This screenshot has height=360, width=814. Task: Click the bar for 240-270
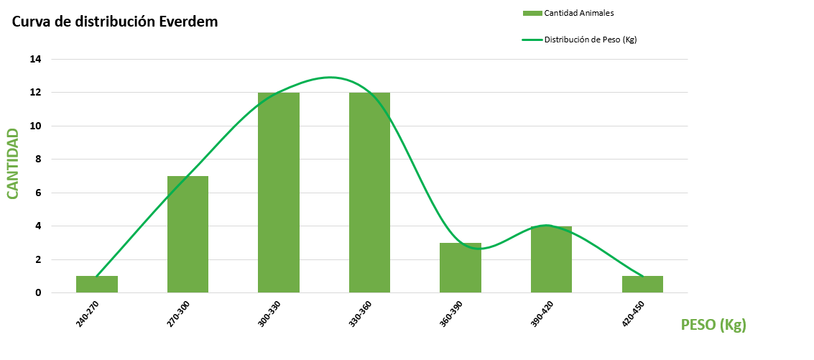point(97,285)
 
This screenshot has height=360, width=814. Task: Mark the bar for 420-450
point(642,285)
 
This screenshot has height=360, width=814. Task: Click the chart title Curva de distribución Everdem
point(115,22)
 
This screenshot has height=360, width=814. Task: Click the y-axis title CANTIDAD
point(12,163)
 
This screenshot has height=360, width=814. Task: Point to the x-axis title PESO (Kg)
point(713,325)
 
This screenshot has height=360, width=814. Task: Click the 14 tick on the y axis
point(36,60)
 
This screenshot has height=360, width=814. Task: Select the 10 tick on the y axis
point(36,126)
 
